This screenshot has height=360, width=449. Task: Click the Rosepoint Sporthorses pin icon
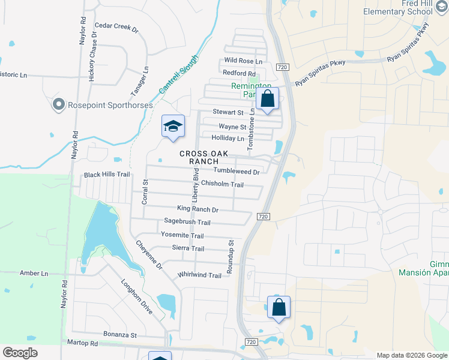coord(58,105)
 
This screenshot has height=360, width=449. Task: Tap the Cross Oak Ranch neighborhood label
coord(203,158)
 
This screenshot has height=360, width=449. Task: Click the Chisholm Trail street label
coord(222,184)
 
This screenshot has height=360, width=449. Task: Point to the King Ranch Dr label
coord(197,209)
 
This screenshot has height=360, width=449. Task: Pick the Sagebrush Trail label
coord(187,221)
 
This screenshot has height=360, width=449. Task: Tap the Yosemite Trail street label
coord(182,236)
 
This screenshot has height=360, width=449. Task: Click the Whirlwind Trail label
coord(199,275)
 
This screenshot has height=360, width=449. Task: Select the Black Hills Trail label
coord(107,175)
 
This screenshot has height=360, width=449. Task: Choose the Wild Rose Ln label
coord(243,61)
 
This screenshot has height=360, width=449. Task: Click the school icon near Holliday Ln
coord(172,126)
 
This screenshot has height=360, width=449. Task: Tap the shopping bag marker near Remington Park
coord(268,99)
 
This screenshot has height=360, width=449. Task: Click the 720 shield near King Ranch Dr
coord(262,216)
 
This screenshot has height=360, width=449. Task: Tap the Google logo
coord(20,353)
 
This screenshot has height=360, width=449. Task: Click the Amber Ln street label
coord(34,273)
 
